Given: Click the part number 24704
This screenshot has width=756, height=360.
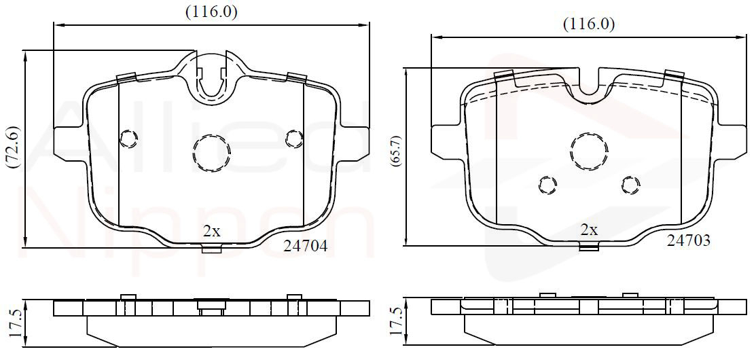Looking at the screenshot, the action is pos(305,247).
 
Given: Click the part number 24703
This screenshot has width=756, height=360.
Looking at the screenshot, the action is pos(688,240).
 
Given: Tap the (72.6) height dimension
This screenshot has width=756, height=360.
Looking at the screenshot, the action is pos(13,147).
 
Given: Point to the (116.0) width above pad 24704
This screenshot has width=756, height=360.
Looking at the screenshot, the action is pos(212,12).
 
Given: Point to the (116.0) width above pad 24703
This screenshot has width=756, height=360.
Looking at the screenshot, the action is pos(589,24).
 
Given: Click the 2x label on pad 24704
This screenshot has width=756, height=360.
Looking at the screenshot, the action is pos(211,232).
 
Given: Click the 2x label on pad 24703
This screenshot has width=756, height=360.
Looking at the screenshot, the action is pos(589,230).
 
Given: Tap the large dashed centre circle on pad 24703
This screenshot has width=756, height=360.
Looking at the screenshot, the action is pos(589,150).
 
